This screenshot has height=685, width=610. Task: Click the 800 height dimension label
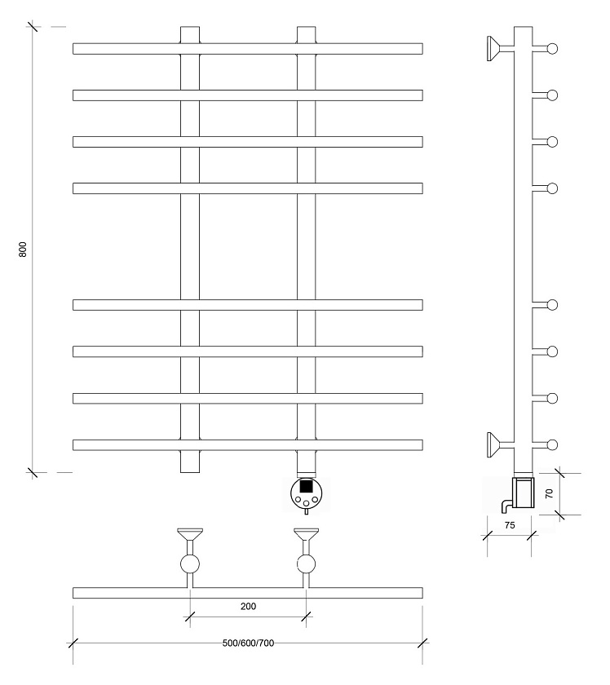23,249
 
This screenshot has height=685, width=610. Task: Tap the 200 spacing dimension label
248,607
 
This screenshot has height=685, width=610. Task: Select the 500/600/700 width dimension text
248,643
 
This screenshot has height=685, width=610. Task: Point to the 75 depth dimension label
510,525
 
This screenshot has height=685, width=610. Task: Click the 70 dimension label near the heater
550,493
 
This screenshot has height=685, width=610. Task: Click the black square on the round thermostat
306,486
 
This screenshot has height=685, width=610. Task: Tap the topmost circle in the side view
552,48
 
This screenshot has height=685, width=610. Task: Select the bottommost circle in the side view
552,445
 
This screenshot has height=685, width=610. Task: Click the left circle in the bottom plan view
190,564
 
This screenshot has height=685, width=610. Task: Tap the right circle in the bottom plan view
306,564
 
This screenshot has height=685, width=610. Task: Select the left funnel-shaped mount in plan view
190,534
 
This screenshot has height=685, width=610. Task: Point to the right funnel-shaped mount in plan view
306,534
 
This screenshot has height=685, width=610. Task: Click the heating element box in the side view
523,493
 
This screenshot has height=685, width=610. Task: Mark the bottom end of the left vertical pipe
190,472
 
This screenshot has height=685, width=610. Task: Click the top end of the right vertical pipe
306,27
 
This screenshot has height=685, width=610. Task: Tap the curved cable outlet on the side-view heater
506,506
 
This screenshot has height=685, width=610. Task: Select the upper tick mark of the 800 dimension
33,27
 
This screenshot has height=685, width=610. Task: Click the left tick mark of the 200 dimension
190,616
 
